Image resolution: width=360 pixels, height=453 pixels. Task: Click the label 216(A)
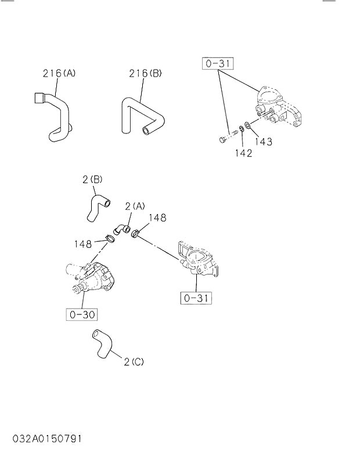[x=59, y=74]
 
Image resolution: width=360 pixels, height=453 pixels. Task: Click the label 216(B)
[x=145, y=74]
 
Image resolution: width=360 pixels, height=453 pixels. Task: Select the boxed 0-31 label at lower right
[x=196, y=298]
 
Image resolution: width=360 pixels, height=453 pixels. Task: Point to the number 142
[x=243, y=153]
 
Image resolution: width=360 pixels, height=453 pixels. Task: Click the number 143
[x=263, y=142]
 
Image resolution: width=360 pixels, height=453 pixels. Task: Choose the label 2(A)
[x=135, y=206]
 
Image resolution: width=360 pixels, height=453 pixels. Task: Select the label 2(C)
[x=134, y=362]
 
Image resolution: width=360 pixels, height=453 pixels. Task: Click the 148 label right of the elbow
[x=157, y=218]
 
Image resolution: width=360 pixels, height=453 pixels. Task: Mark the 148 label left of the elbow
[x=83, y=243]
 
